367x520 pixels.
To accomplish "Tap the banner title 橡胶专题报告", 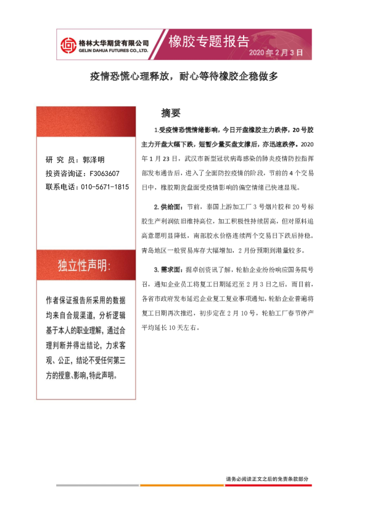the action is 209,41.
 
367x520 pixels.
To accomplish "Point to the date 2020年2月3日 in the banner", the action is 276,54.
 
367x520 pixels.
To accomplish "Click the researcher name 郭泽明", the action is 94,159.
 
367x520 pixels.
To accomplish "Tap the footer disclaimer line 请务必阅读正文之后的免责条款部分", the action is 266,479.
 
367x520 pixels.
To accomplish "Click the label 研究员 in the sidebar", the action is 60,159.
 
